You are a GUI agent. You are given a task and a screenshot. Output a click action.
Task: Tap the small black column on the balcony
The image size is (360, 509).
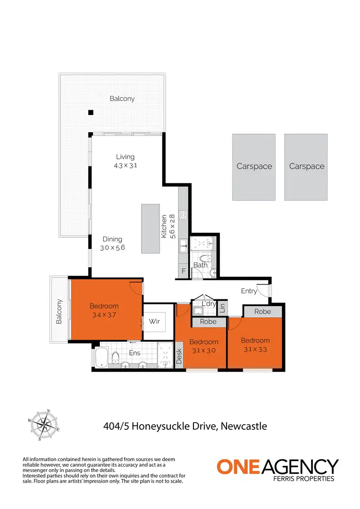coord(90,113)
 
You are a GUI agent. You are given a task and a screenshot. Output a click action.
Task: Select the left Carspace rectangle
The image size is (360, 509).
coord(254,167)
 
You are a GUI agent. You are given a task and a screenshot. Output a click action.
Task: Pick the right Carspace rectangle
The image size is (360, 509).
coord(307,167)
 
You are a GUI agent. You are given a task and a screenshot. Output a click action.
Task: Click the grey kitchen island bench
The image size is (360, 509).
coord(150,228)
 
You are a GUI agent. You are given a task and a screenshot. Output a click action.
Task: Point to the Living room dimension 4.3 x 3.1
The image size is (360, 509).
coord(125,166)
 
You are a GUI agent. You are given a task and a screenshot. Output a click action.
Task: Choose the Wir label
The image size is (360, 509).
coord(154,321)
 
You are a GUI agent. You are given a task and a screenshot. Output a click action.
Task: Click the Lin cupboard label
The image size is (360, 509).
coord(222,308)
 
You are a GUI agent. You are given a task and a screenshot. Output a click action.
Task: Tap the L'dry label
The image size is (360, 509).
coord(208,304)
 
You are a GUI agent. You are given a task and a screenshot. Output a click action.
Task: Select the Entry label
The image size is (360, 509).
coord(249,291)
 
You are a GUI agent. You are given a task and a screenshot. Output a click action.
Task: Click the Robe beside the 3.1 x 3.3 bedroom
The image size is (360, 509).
coord(263,311)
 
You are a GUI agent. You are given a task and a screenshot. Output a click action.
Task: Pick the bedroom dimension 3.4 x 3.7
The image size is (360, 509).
coord(104,315)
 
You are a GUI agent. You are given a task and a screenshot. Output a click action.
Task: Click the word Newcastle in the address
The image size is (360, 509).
coord(244,426)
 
